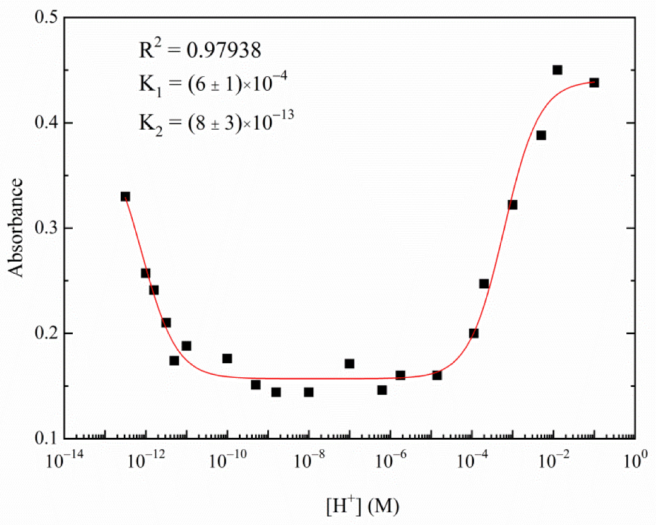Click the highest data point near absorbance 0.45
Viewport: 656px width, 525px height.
(x=557, y=70)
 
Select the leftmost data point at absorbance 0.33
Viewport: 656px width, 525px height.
(x=125, y=196)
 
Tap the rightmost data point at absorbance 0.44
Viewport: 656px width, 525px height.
(x=594, y=82)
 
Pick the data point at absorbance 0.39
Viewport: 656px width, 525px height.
(x=541, y=135)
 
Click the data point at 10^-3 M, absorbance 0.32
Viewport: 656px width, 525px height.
(x=512, y=205)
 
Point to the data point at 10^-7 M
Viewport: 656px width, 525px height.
(x=349, y=363)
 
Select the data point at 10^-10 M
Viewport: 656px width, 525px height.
(x=227, y=358)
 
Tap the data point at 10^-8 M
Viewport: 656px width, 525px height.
(x=309, y=392)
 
